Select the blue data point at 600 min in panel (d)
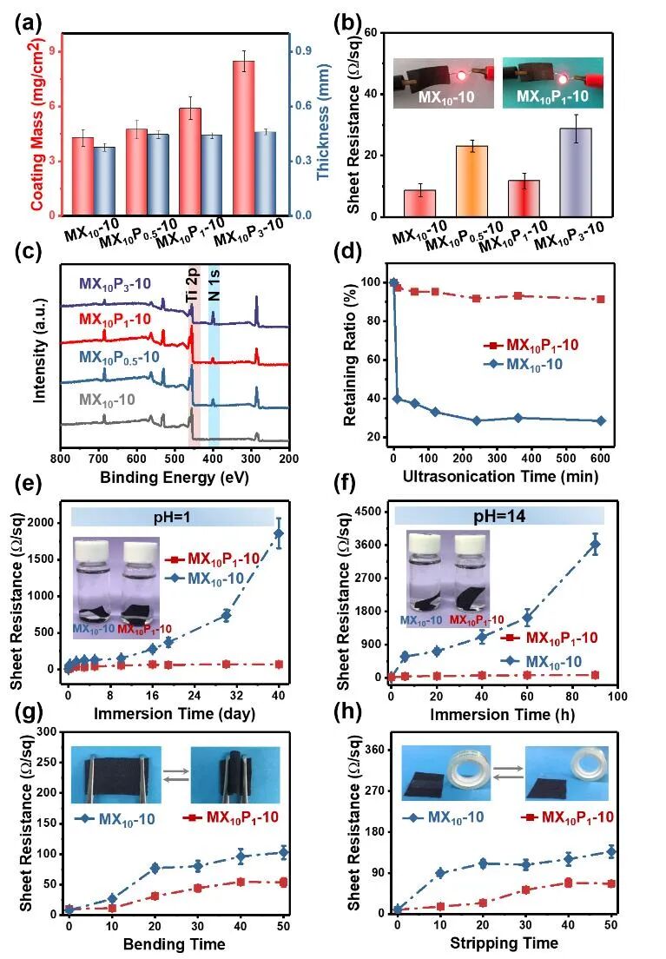coord(600,420)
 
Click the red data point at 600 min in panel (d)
coord(600,299)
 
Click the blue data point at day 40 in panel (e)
coord(278,533)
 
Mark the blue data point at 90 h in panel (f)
coord(595,545)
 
